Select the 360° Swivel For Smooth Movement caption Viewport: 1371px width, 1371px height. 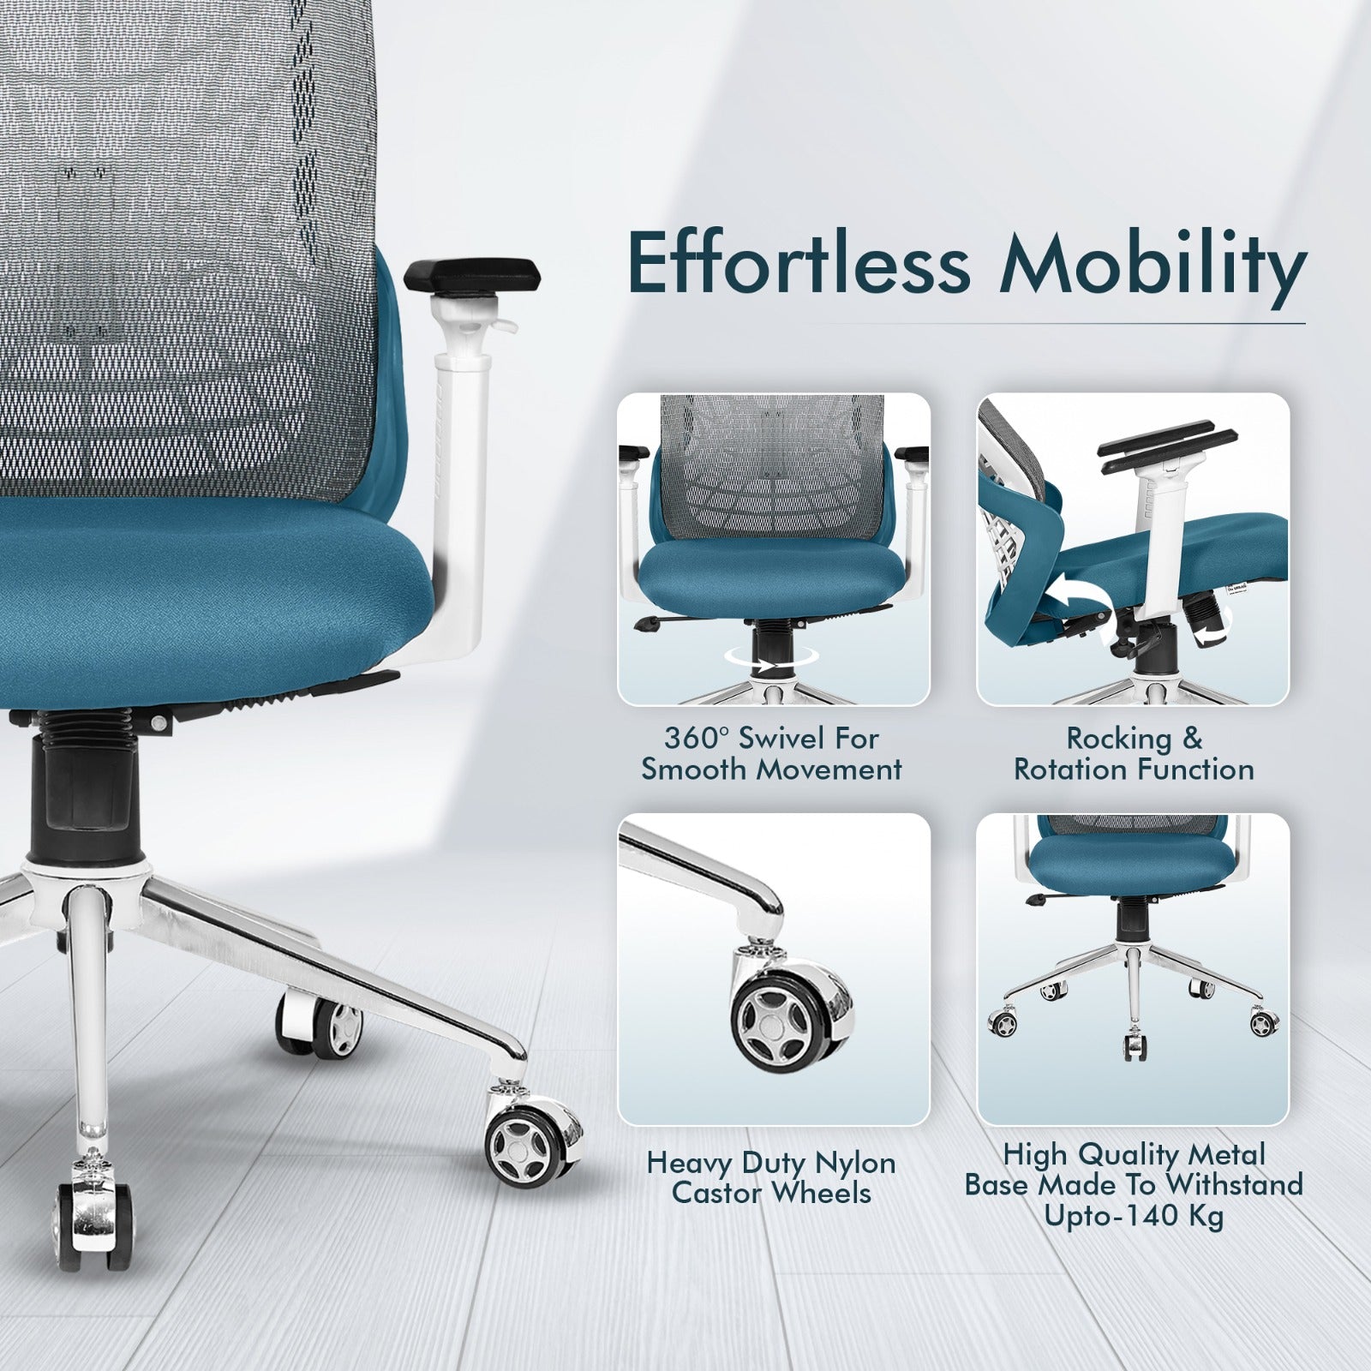point(771,754)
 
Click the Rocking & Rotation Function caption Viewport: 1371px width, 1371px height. point(1134,754)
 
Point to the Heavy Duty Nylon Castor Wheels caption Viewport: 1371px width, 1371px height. point(771,1177)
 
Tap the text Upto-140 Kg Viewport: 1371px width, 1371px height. point(1134,1217)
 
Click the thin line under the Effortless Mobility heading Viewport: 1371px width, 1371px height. point(968,323)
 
